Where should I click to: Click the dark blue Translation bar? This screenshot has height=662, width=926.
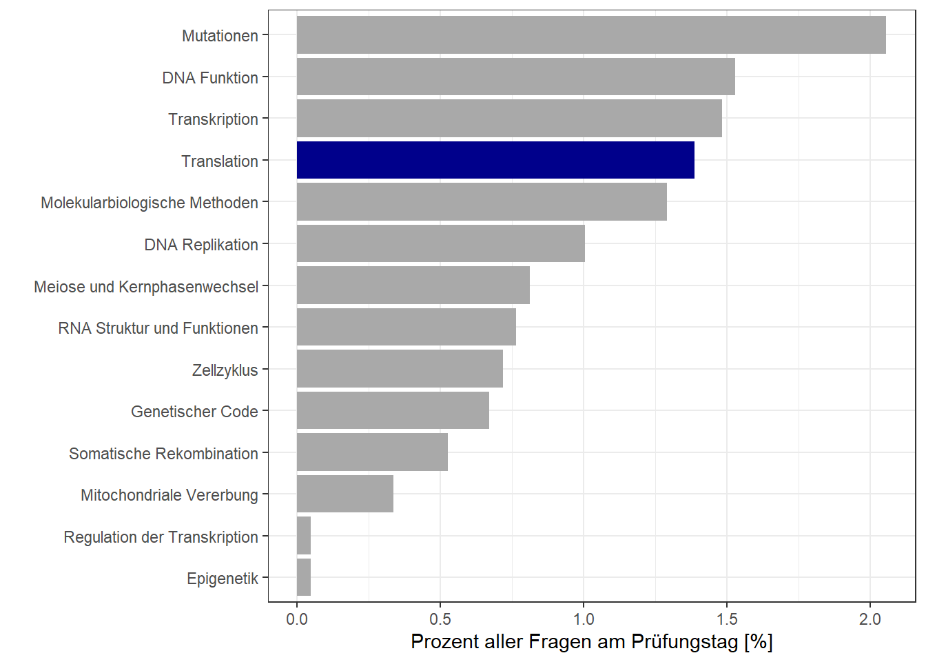(495, 160)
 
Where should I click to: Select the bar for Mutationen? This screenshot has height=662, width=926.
(591, 35)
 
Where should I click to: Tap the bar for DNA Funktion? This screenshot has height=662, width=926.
(515, 77)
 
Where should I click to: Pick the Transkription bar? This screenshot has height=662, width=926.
(509, 119)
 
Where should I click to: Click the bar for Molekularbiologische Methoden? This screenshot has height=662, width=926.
(482, 202)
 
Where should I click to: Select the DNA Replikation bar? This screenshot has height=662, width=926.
(441, 243)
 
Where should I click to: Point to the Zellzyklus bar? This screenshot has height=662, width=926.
(400, 369)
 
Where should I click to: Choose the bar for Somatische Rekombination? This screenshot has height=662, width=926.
(372, 452)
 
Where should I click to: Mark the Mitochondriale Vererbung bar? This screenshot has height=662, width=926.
(345, 494)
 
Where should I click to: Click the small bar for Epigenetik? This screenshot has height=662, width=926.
(304, 577)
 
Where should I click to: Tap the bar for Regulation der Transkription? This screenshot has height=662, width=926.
(304, 536)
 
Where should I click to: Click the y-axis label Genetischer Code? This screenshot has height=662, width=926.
(194, 412)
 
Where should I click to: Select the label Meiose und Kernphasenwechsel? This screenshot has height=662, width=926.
(146, 287)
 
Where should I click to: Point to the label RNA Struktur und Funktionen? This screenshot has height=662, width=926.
(158, 328)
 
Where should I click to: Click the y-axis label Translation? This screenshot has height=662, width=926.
(220, 161)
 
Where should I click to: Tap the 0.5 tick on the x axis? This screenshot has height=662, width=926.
(440, 619)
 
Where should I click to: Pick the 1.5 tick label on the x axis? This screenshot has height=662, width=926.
(727, 619)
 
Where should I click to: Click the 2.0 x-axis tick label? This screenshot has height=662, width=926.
(870, 619)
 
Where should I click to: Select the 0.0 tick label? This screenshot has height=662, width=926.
(297, 619)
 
